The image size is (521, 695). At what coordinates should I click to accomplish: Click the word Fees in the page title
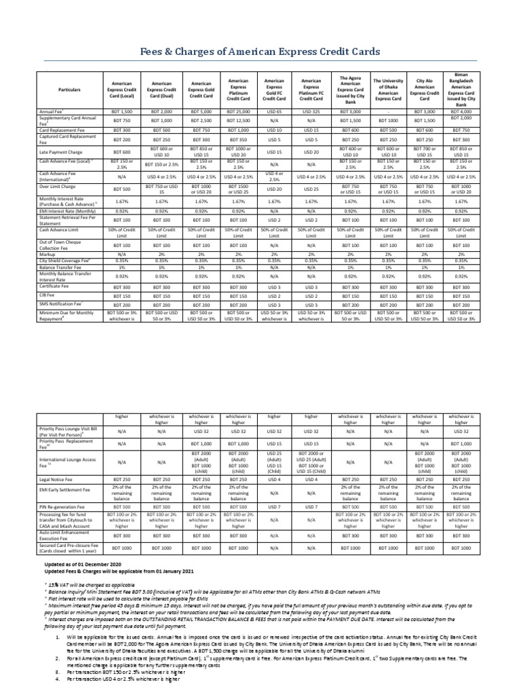click(x=157, y=53)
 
